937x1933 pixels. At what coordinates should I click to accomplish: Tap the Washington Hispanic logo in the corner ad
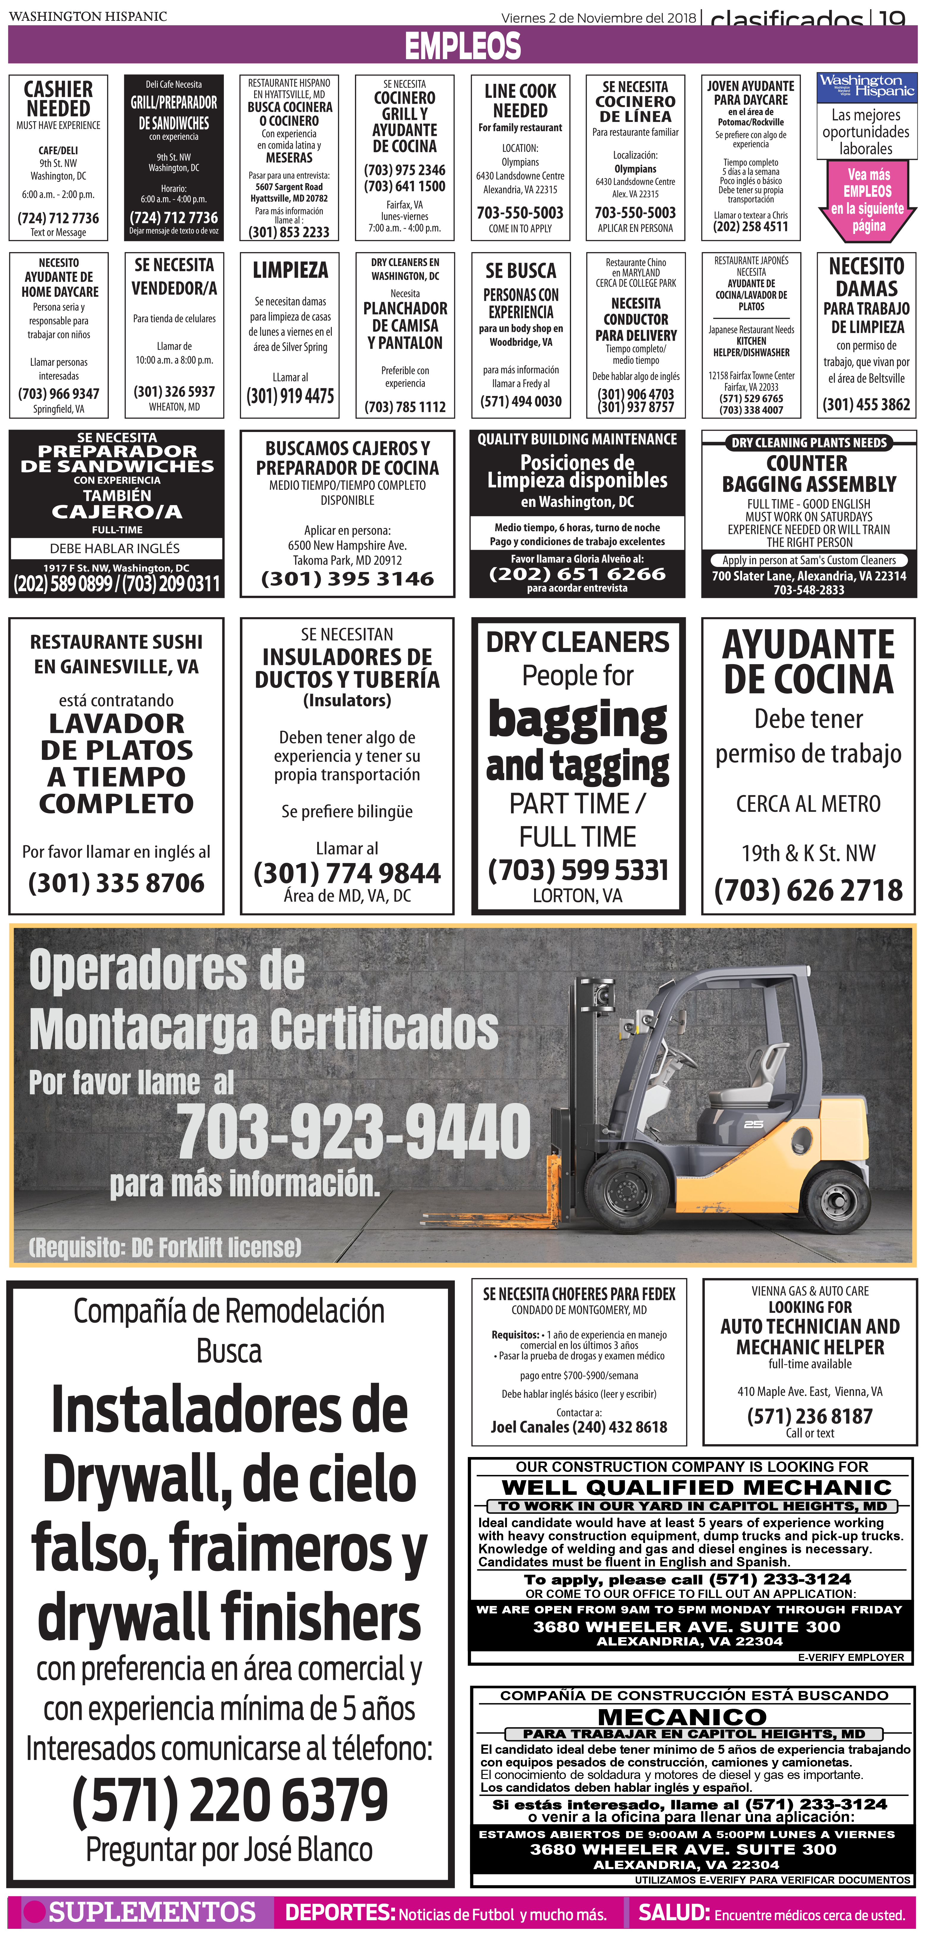coord(867,86)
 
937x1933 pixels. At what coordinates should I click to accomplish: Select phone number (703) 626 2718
coord(809,890)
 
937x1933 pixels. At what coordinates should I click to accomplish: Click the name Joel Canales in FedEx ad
coord(530,1427)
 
